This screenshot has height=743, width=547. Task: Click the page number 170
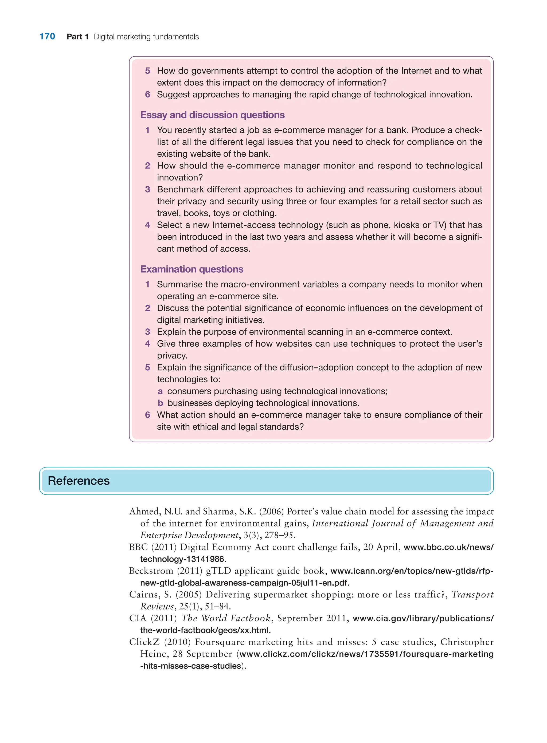point(47,36)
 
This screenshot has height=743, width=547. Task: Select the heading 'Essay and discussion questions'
point(212,115)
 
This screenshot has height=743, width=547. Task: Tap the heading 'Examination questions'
point(192,269)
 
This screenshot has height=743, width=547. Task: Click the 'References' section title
point(79,481)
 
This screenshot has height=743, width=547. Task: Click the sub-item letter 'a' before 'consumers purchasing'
point(160,391)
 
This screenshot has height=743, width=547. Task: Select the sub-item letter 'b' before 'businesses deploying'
point(160,403)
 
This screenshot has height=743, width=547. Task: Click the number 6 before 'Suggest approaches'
point(147,95)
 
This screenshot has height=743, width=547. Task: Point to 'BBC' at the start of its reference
point(138,547)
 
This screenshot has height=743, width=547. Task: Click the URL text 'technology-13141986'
point(182,559)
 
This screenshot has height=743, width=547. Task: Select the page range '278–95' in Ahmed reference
point(279,535)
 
